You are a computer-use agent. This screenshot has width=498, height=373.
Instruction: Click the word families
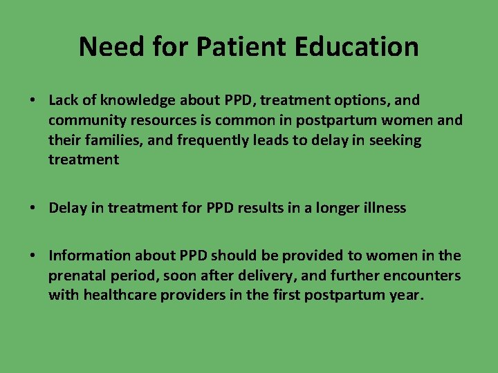(x=105, y=140)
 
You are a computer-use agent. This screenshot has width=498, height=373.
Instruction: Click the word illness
(x=380, y=208)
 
